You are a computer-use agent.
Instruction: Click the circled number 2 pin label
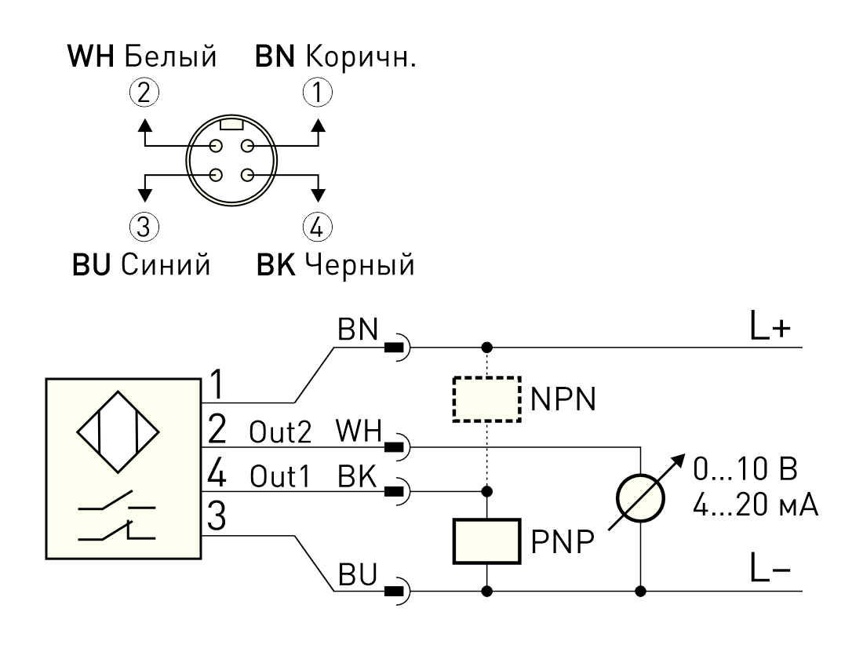144,93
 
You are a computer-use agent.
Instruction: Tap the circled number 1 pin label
318,93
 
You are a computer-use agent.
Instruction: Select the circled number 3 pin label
144,227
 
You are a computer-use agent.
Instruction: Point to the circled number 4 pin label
318,227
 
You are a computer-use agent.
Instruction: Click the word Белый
170,56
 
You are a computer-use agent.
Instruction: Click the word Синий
166,264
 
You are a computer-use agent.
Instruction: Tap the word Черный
359,264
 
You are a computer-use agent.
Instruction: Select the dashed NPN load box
486,399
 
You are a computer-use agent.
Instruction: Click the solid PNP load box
486,541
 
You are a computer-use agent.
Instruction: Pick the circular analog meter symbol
640,498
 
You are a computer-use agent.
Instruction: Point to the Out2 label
280,432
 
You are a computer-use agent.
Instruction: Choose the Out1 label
280,476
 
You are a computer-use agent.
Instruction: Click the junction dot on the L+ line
486,348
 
